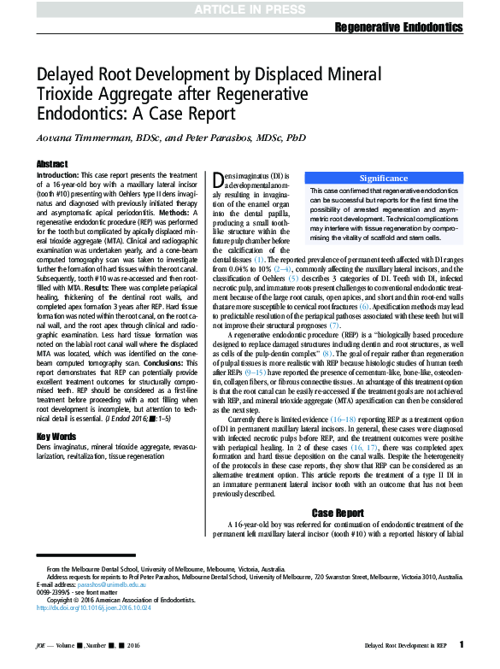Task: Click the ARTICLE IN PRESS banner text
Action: coord(250,9)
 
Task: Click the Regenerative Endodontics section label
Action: coord(405,28)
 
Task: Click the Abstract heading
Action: coord(52,163)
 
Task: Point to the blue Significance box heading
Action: coord(383,177)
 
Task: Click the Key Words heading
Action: coord(56,437)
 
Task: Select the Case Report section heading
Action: coord(338,513)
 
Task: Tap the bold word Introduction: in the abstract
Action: coord(58,174)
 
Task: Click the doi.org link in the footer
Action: coord(84,608)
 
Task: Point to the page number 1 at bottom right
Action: coord(462,644)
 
